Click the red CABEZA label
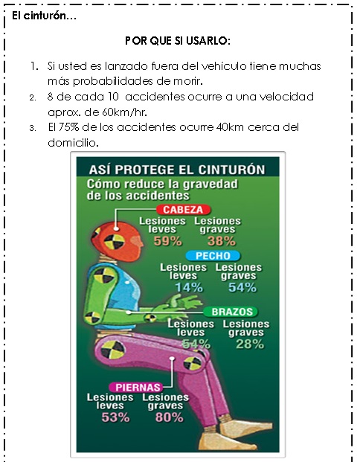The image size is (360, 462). click(x=183, y=210)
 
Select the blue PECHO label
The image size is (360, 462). click(x=213, y=255)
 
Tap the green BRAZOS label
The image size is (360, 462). click(x=231, y=312)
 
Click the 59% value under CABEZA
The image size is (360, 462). click(x=167, y=241)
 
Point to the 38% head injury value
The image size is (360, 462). click(x=222, y=241)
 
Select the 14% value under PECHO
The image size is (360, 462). click(x=189, y=288)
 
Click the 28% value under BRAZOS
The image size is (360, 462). click(x=250, y=344)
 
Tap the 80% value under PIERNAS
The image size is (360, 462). click(x=170, y=417)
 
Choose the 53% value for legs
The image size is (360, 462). click(x=115, y=417)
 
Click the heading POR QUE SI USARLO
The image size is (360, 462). click(x=178, y=41)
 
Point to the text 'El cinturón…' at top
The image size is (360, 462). click(x=44, y=16)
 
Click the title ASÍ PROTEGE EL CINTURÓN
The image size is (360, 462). click(x=177, y=170)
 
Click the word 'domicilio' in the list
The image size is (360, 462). click(x=72, y=143)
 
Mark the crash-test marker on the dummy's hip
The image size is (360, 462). click(x=113, y=350)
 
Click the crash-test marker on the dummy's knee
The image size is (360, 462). click(x=193, y=363)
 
